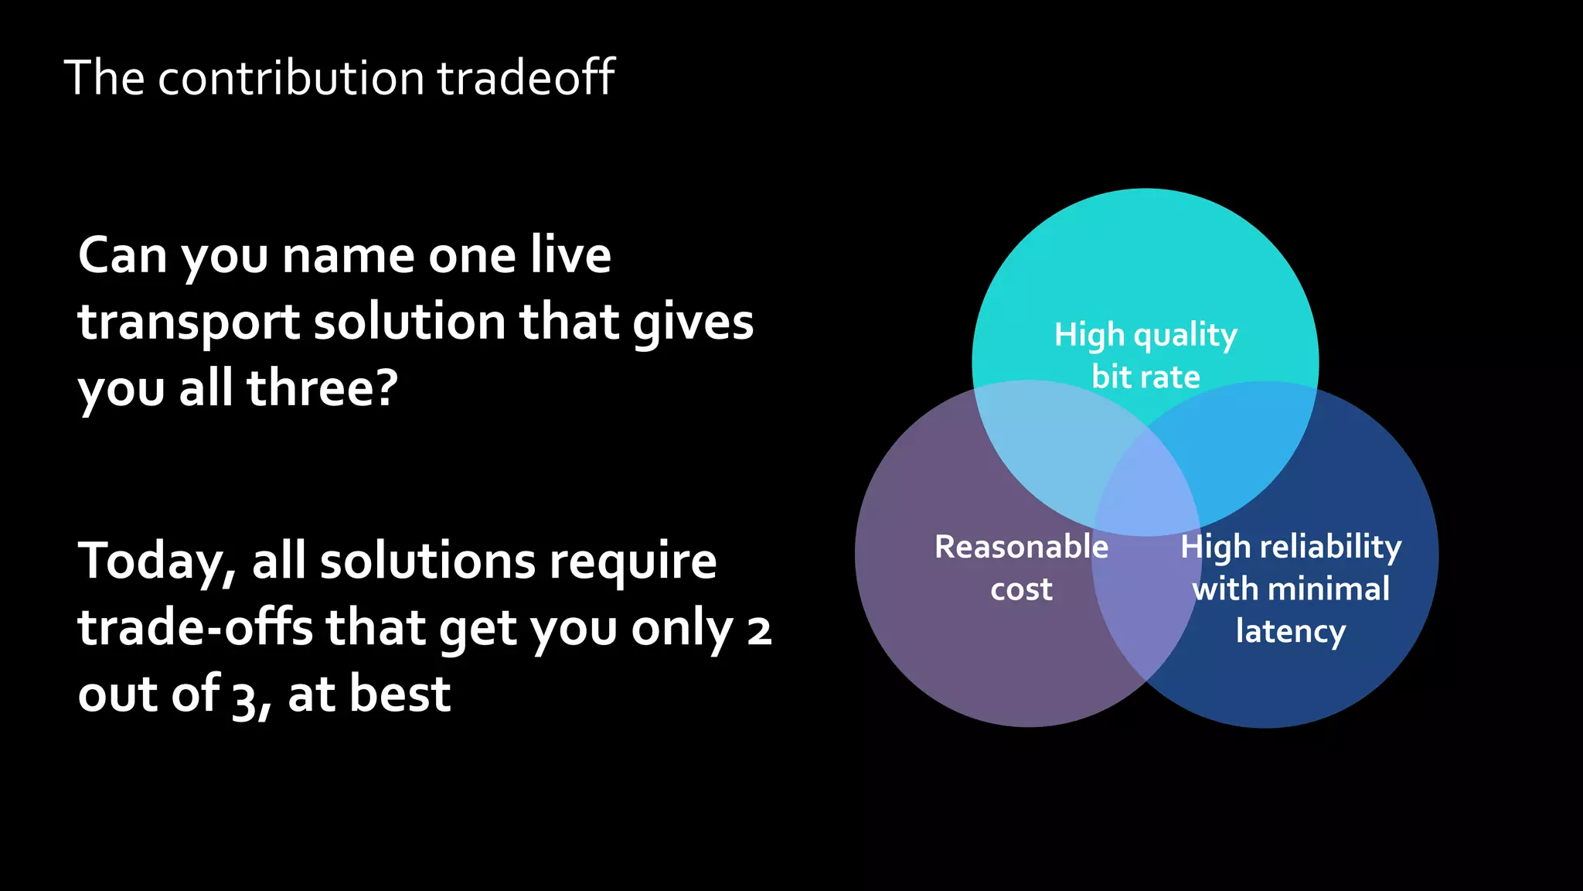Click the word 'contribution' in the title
(291, 78)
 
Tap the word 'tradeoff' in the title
(526, 78)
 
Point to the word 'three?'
(322, 388)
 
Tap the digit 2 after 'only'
(759, 630)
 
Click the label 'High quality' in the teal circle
(1146, 336)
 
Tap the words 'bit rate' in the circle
(1146, 377)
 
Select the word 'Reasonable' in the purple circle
(1021, 547)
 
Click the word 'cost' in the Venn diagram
(1021, 589)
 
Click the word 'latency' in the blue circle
(1290, 631)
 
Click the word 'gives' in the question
(693, 323)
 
